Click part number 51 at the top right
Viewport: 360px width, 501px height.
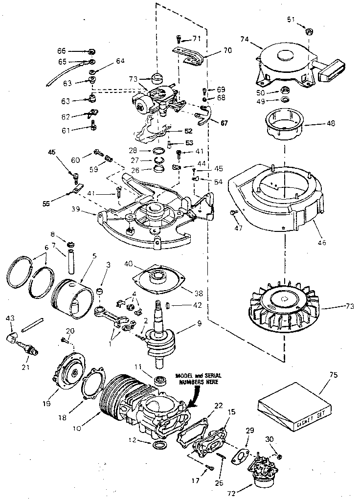[291, 20]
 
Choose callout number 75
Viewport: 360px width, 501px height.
[320, 375]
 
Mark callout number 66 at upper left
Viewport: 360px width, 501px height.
[62, 51]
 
